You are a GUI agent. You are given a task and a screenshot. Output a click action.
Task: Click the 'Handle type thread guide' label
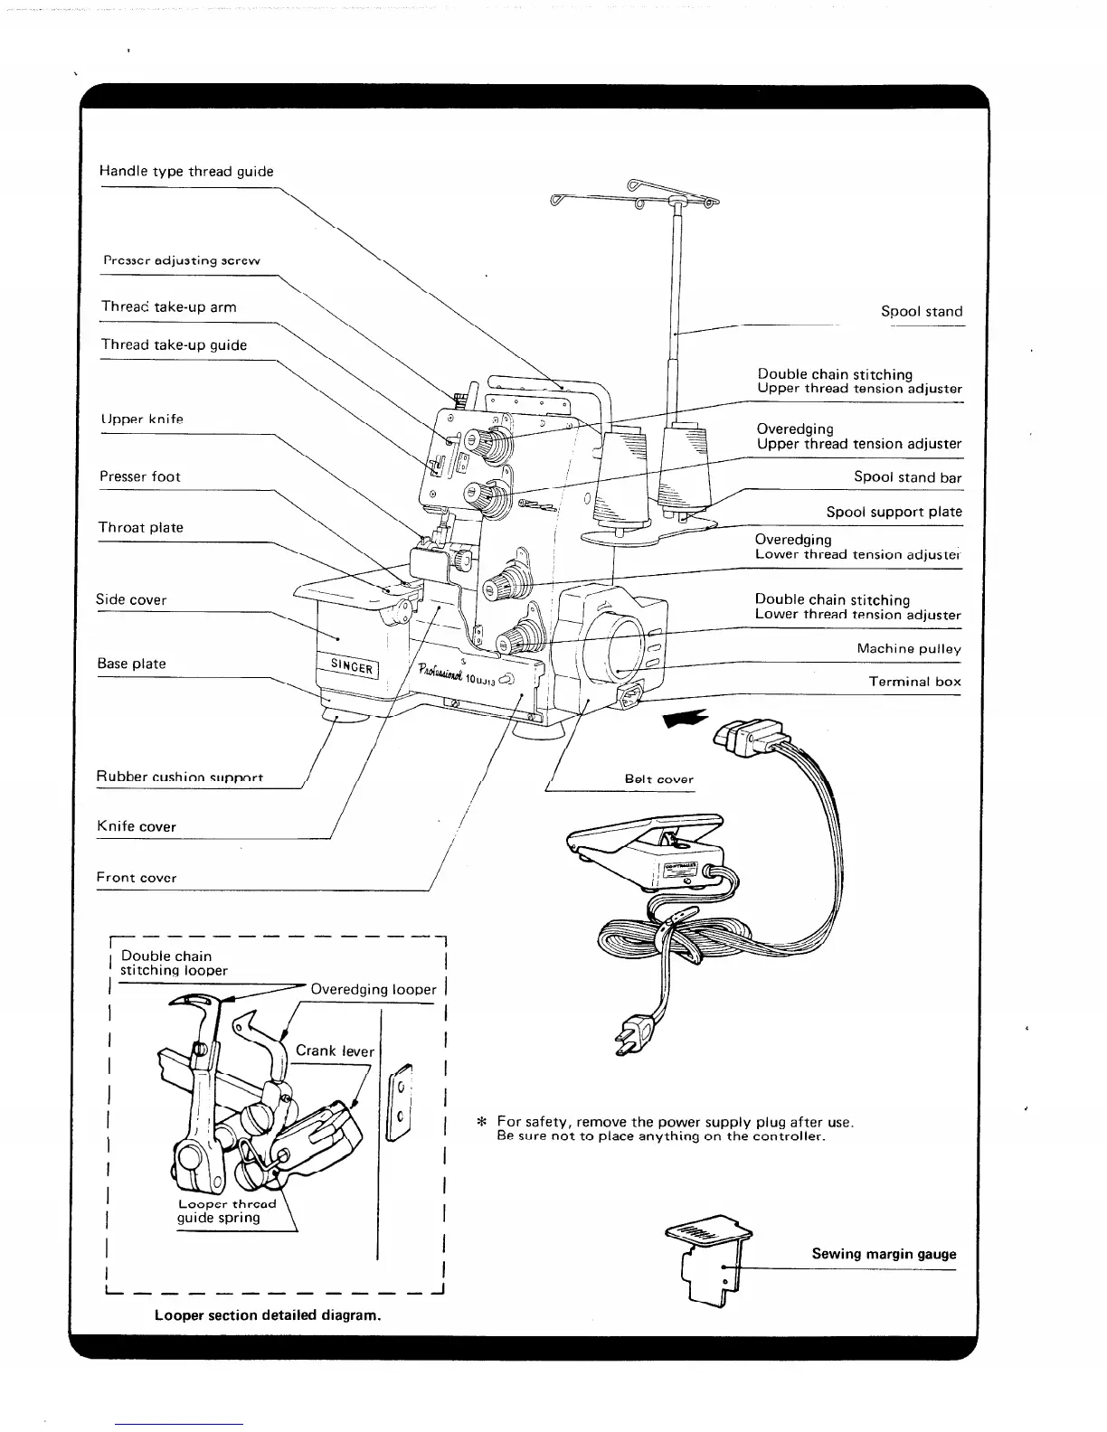(186, 172)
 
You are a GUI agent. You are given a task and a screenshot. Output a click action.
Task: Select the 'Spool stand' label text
(922, 312)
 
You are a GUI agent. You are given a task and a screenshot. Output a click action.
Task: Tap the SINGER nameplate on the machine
(350, 667)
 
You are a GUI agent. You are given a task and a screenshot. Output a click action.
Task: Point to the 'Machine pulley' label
(909, 649)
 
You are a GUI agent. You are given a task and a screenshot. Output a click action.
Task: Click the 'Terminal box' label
(914, 682)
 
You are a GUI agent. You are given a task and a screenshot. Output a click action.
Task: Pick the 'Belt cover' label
(658, 779)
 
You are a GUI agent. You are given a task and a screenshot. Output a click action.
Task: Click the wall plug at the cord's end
(633, 1033)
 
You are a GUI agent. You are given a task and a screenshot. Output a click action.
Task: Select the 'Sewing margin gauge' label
(883, 1254)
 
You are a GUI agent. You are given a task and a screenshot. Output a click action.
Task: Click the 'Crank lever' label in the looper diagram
(335, 1050)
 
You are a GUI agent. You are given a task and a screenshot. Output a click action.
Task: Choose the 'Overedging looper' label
(373, 989)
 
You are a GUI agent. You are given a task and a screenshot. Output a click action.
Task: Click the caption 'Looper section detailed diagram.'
(267, 1314)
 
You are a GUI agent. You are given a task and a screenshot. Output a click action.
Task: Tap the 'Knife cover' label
(137, 826)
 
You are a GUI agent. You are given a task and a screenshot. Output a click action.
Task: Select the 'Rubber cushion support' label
(180, 777)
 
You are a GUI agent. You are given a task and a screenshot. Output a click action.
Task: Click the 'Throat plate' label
(141, 528)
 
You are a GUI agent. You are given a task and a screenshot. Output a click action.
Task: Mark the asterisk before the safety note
(483, 1123)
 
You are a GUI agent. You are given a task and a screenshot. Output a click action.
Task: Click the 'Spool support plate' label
(894, 512)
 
